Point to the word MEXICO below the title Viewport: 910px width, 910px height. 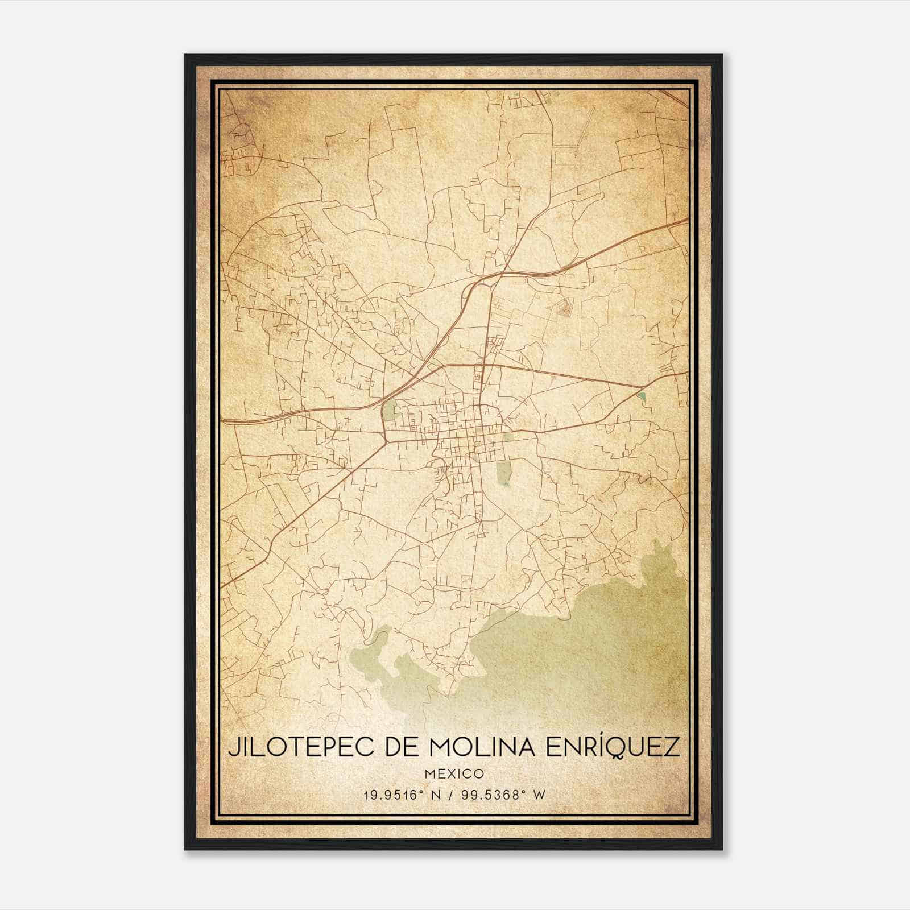tap(454, 774)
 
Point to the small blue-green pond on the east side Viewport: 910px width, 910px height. tap(642, 396)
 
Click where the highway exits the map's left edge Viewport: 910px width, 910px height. tap(223, 421)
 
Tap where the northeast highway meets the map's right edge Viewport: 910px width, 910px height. tap(686, 221)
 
